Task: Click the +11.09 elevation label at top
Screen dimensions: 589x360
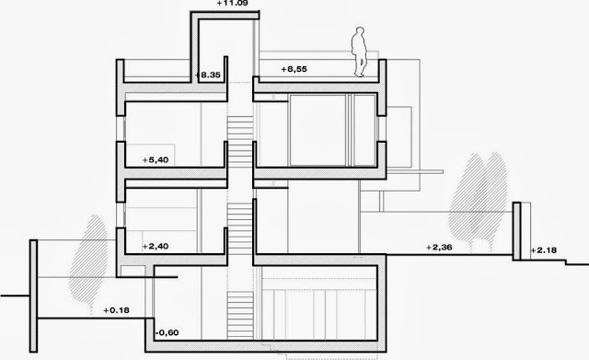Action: coord(233,4)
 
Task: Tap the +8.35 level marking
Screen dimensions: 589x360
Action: coord(208,75)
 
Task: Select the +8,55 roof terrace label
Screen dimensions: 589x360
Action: coord(294,69)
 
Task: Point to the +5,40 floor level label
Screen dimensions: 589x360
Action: coord(156,160)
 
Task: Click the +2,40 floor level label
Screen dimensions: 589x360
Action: coord(156,247)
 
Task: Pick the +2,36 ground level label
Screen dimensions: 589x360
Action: coord(439,248)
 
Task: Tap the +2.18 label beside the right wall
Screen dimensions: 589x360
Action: coord(544,250)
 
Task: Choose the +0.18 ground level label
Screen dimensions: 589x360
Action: coord(117,310)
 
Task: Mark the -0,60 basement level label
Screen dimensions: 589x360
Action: coord(167,332)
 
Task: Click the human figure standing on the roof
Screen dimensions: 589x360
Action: coord(360,52)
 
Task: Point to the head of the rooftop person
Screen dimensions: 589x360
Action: coord(360,30)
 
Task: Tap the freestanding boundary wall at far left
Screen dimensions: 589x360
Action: coord(33,296)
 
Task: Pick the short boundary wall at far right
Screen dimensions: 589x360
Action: coord(517,231)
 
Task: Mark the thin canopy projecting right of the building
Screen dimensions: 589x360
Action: coord(415,172)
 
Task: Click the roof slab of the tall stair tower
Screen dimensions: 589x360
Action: coord(225,16)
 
